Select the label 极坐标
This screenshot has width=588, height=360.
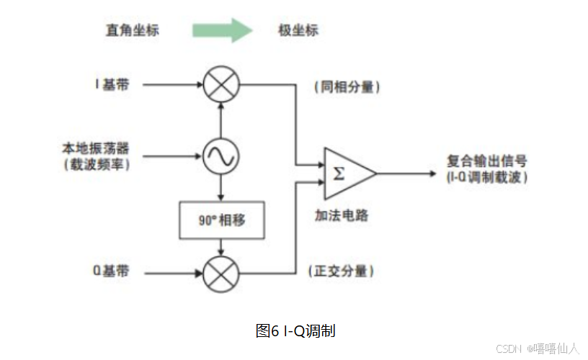tap(298, 30)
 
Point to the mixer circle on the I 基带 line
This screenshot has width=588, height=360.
tap(220, 85)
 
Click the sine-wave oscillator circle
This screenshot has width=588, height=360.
tap(220, 154)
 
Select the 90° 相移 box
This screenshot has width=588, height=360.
tap(221, 220)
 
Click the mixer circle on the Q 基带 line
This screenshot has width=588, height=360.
tap(220, 274)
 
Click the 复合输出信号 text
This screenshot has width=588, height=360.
tap(486, 162)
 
